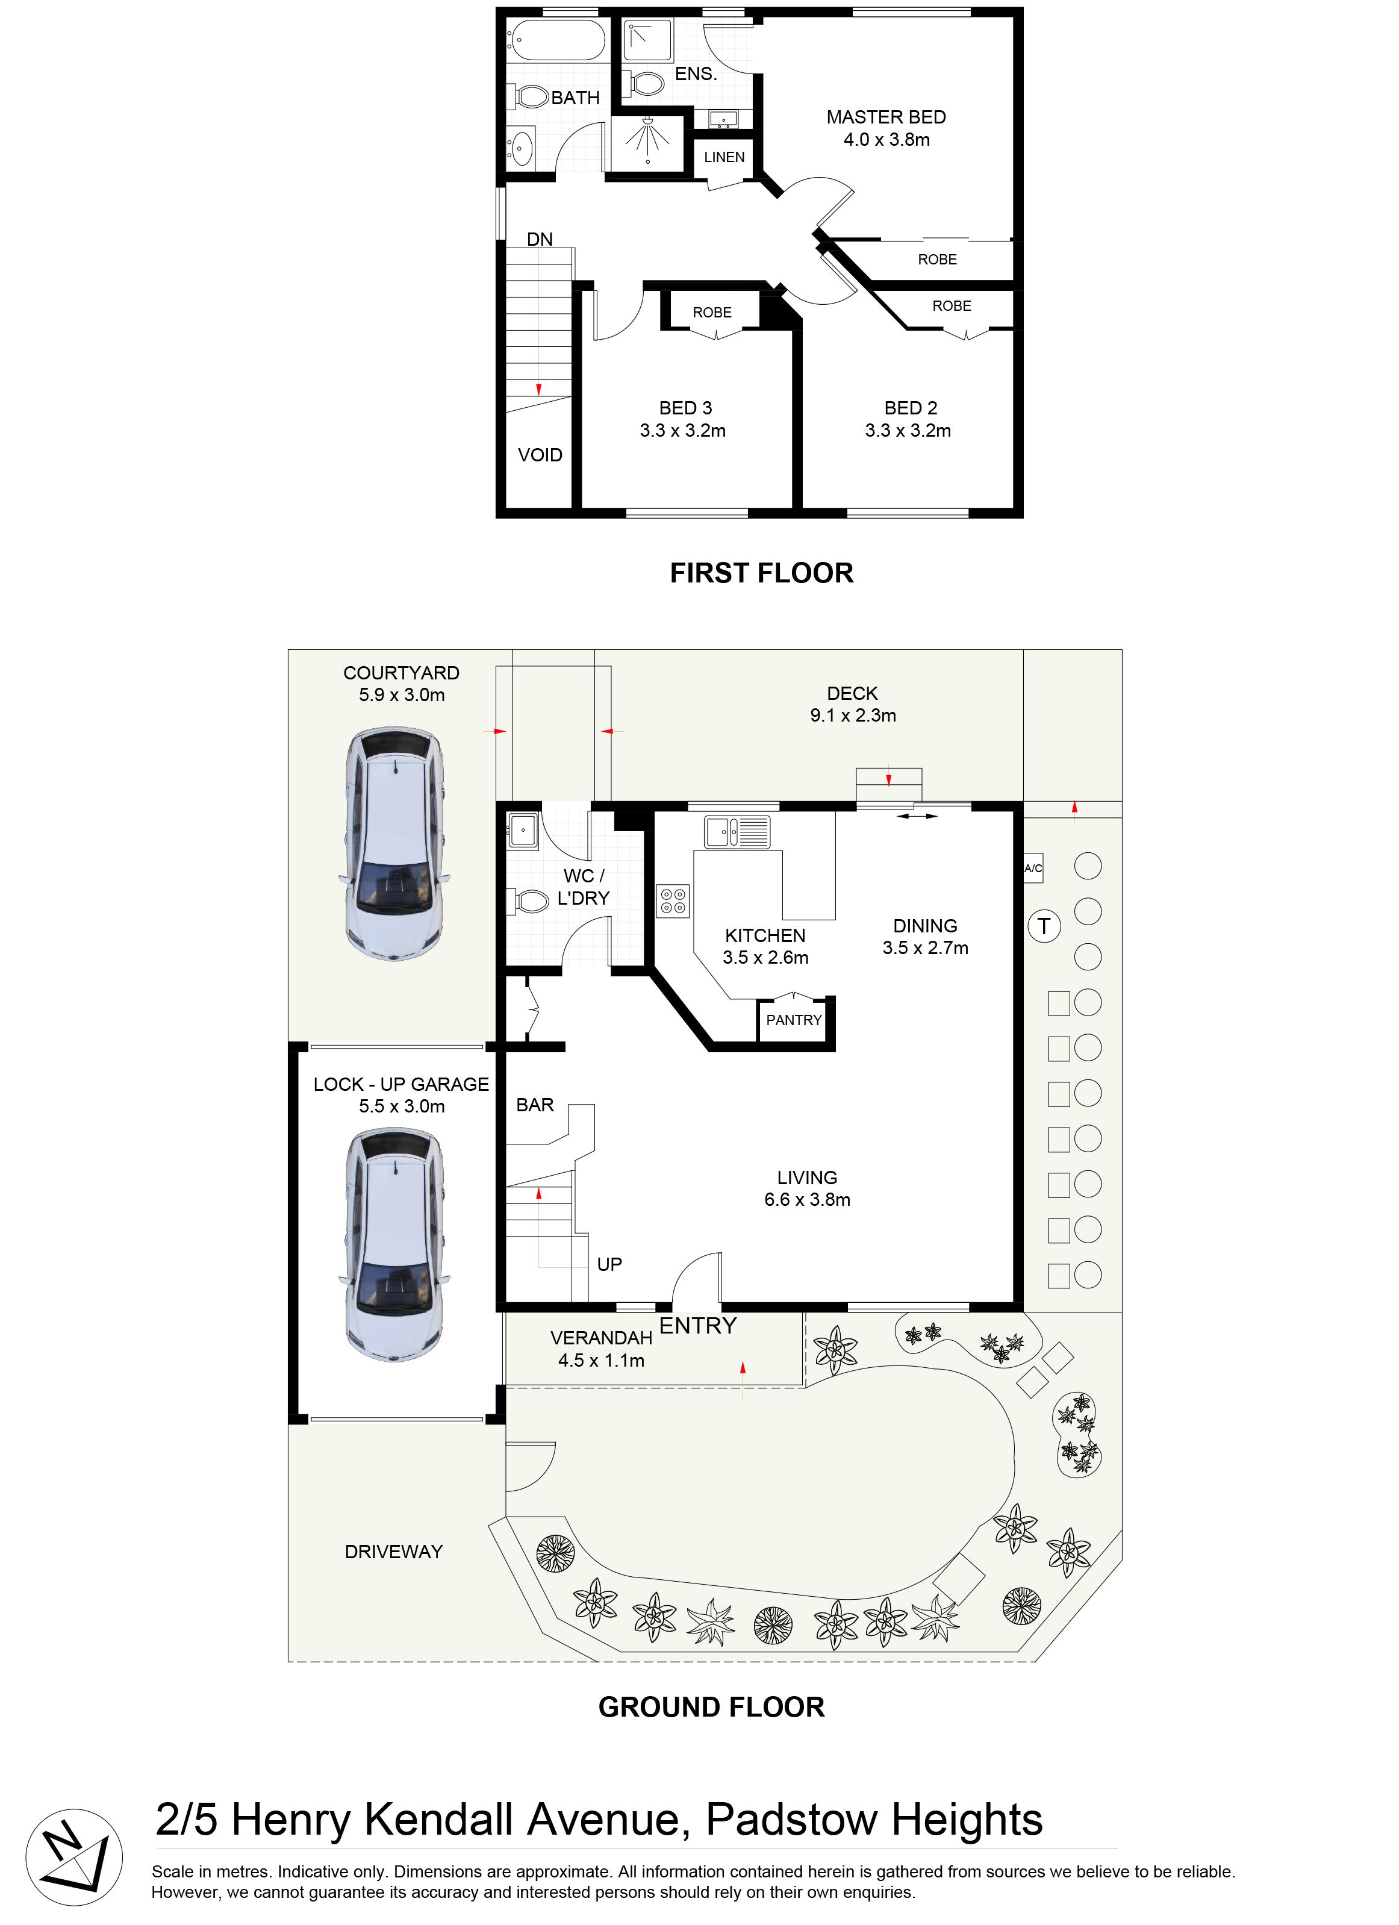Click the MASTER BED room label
886,117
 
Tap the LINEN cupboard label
724,157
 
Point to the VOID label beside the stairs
540,455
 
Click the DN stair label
540,239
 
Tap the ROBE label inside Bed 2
952,305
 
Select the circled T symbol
1044,926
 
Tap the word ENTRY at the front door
698,1326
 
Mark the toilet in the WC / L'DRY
529,900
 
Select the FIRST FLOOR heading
761,573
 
